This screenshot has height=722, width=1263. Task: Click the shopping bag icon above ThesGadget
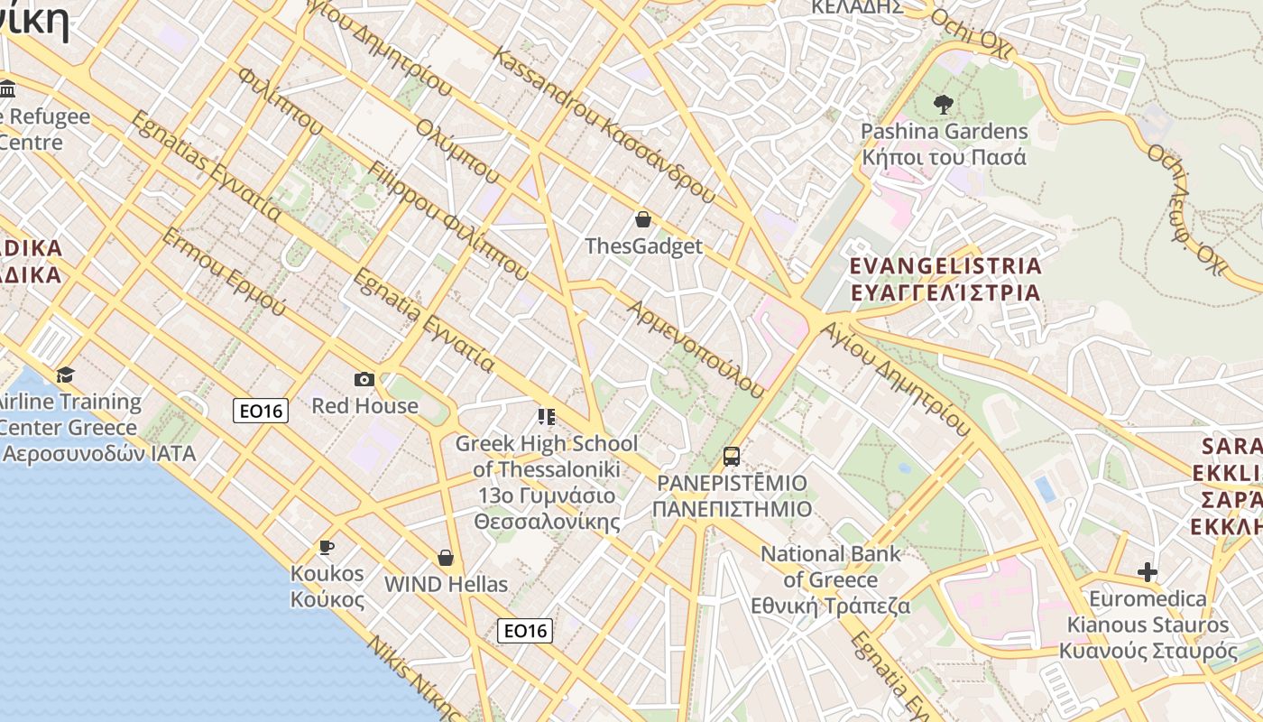click(643, 219)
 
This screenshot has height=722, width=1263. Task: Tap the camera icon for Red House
click(364, 379)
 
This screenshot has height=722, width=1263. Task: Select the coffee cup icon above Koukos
click(327, 547)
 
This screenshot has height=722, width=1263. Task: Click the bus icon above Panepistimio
click(732, 457)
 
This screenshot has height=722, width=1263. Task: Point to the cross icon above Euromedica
click(1148, 572)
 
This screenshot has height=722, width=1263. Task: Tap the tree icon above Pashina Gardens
click(944, 105)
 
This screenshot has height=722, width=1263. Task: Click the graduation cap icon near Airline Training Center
click(65, 375)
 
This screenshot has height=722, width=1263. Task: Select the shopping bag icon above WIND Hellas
click(446, 558)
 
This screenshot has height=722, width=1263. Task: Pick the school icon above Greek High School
click(547, 417)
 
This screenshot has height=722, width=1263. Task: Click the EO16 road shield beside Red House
click(261, 411)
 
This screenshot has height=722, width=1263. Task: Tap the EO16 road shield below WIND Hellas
click(525, 631)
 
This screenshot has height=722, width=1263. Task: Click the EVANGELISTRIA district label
click(945, 266)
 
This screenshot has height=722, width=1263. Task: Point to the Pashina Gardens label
click(944, 132)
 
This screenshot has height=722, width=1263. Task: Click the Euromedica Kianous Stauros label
click(1148, 625)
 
